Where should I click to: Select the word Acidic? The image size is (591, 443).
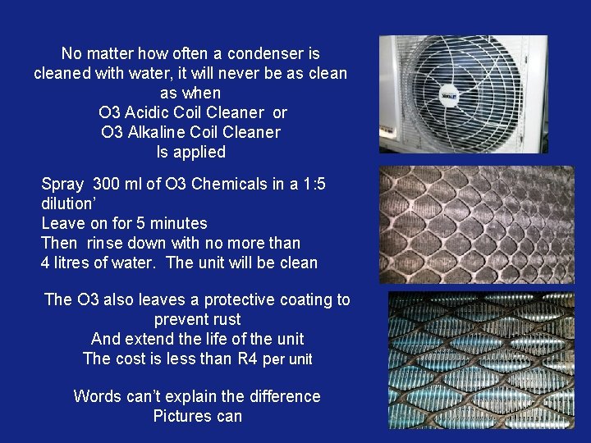[150, 112]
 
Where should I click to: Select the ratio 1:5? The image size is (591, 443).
[309, 184]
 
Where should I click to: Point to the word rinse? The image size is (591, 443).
[106, 243]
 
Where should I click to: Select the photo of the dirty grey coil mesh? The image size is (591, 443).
[476, 224]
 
